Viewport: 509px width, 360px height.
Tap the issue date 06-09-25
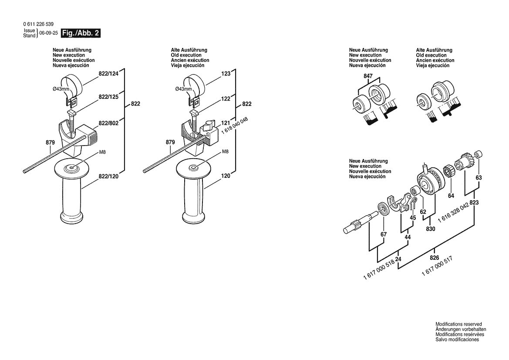point(48,33)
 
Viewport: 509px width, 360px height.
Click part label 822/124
point(108,75)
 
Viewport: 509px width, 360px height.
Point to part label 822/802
point(108,124)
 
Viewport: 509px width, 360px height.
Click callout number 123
point(226,74)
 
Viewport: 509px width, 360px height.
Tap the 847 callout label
point(368,76)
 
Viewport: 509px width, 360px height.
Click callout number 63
point(479,177)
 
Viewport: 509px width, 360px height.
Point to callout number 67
point(383,234)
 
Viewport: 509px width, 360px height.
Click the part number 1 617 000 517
point(437,265)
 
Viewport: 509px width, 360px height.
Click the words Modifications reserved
point(458,324)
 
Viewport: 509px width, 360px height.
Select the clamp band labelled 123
point(194,83)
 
